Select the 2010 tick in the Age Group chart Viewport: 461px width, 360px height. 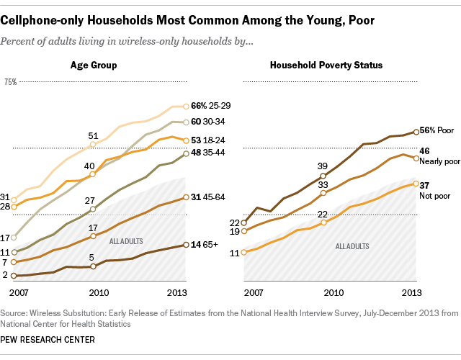(93, 292)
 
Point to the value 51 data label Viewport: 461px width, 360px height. (94, 135)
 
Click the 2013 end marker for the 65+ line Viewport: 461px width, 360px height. (186, 245)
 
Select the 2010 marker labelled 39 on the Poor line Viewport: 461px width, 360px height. (323, 176)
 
